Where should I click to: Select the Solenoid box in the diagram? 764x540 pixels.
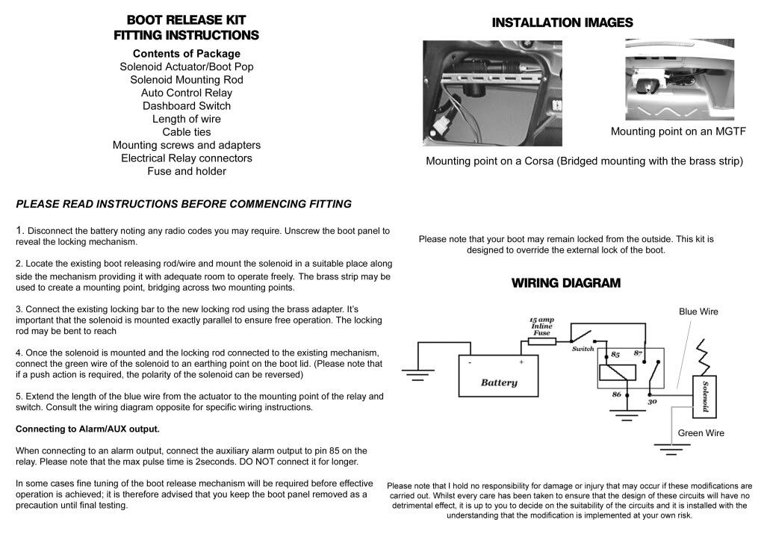point(702,396)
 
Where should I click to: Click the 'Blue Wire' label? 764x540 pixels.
point(698,311)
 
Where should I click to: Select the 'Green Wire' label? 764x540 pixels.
point(701,432)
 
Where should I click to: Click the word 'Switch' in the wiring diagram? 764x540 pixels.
point(583,349)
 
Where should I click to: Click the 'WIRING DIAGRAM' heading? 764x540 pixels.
point(565,283)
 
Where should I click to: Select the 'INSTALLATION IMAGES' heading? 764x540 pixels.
point(562,23)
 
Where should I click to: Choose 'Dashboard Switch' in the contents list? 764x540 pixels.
point(186,106)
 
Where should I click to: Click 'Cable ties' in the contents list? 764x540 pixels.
point(186,132)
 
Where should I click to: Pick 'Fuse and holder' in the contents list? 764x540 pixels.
point(186,171)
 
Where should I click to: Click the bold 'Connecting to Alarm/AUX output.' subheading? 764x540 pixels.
point(87,429)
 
